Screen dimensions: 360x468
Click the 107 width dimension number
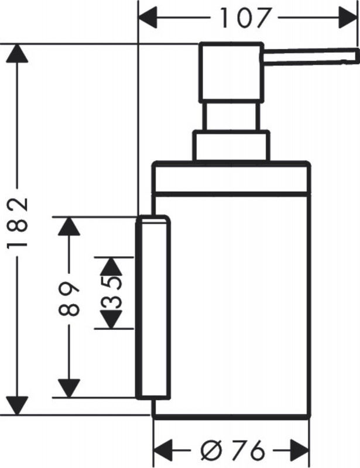click(244, 18)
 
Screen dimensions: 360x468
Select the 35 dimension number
click(112, 292)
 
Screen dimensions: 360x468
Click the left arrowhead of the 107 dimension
click(148, 18)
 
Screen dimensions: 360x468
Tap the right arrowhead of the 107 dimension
click(348, 18)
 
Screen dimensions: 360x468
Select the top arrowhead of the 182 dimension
click(17, 53)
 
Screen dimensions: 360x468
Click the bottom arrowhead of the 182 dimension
click(17, 405)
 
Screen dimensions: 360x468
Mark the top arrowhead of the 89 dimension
click(69, 226)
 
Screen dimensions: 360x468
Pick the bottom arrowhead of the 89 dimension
click(69, 388)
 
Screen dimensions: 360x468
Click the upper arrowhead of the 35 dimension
click(111, 267)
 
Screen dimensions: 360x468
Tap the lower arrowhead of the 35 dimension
click(111, 319)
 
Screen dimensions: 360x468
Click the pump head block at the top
click(231, 72)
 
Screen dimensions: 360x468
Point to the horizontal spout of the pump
click(311, 57)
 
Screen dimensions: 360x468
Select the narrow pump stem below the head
click(231, 116)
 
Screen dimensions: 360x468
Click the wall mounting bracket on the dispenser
click(153, 307)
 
